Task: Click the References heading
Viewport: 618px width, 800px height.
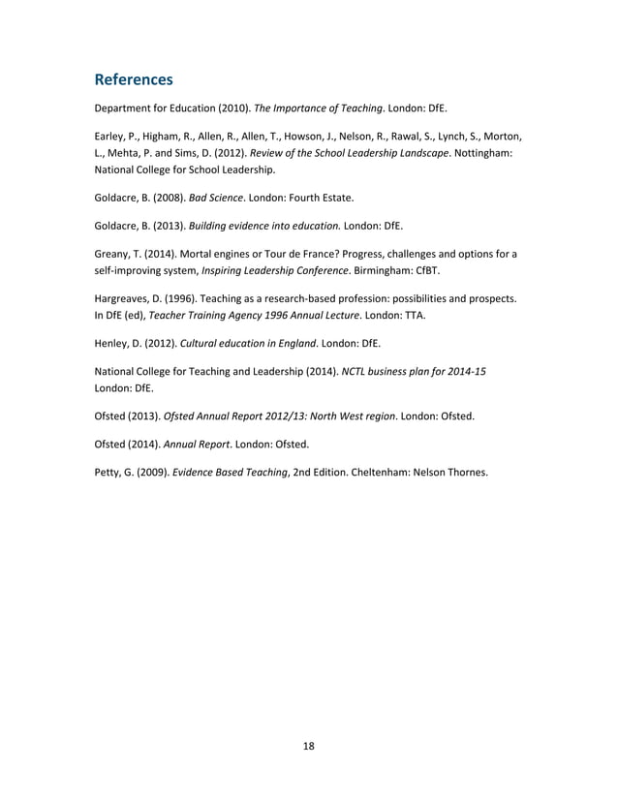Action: [x=134, y=77]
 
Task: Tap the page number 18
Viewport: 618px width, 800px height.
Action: [x=309, y=745]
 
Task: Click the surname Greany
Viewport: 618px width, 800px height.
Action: [x=113, y=255]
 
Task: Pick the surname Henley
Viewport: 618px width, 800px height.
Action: [x=112, y=343]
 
